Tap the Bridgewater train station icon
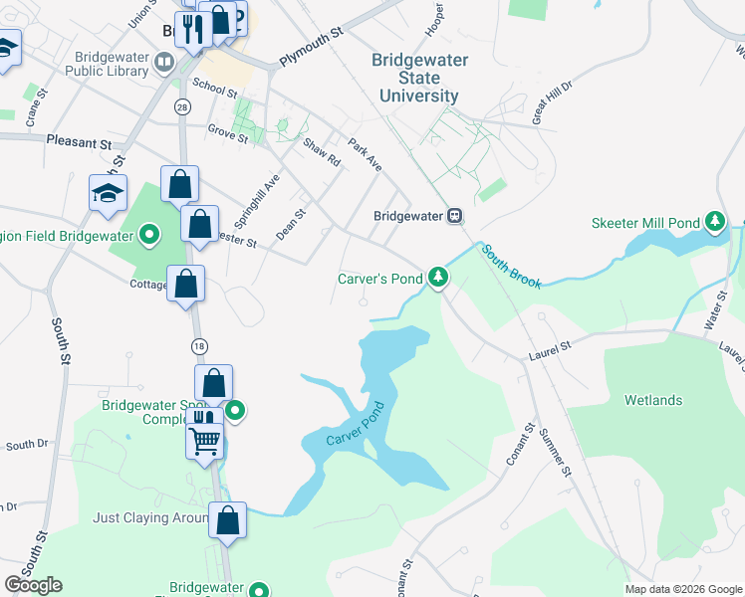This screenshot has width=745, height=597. [x=454, y=215]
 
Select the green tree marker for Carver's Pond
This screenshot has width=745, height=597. [x=437, y=279]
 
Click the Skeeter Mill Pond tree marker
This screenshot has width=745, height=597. [x=714, y=223]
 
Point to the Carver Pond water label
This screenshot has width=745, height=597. [x=356, y=424]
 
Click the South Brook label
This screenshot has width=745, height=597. [x=513, y=268]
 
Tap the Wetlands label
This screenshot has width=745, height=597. [x=653, y=400]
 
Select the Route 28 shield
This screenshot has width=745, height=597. [x=181, y=105]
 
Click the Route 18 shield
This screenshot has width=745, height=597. [x=199, y=344]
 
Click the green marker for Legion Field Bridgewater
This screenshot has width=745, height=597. [x=149, y=236]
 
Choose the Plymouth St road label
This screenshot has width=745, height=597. [x=311, y=47]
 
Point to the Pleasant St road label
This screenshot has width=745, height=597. [x=78, y=143]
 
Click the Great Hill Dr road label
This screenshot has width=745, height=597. [x=554, y=103]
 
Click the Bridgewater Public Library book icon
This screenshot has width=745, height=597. [x=163, y=64]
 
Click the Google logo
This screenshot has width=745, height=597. [x=33, y=585]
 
